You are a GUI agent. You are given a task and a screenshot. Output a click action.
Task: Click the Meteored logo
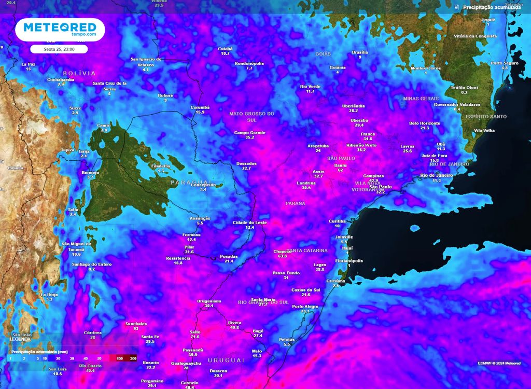coord(60,29)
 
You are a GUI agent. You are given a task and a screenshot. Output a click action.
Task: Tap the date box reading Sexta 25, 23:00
coord(59,49)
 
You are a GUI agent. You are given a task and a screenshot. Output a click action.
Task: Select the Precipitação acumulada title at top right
coord(492,7)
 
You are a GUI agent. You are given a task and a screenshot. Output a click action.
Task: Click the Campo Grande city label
coord(249,133)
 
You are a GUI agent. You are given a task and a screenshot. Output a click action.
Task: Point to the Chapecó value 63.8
coord(283,256)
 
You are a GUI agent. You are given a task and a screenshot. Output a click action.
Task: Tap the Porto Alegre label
coord(305,307)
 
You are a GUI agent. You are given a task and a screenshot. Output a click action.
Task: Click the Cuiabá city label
coord(225,48)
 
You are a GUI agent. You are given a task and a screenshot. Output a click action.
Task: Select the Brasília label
coord(360,52)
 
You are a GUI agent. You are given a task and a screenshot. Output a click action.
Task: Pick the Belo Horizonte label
coord(425,123)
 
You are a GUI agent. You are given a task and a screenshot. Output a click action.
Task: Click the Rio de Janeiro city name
coord(437,175)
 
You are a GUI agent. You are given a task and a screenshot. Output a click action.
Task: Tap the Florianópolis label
coord(349,260)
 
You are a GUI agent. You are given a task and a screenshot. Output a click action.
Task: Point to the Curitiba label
coord(337,221)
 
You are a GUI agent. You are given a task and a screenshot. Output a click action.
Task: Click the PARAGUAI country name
coord(190,183)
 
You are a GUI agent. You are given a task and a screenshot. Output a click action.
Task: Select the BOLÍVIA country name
coord(79,73)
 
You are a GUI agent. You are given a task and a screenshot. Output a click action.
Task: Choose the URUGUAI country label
coord(226,360)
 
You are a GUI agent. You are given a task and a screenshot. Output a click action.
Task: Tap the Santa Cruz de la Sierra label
coord(109,86)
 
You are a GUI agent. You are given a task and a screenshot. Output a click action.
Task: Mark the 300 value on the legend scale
coord(133,358)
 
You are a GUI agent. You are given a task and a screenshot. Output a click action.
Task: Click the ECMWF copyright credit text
coord(499,363)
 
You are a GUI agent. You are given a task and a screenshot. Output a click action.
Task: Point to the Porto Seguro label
coord(505,63)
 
